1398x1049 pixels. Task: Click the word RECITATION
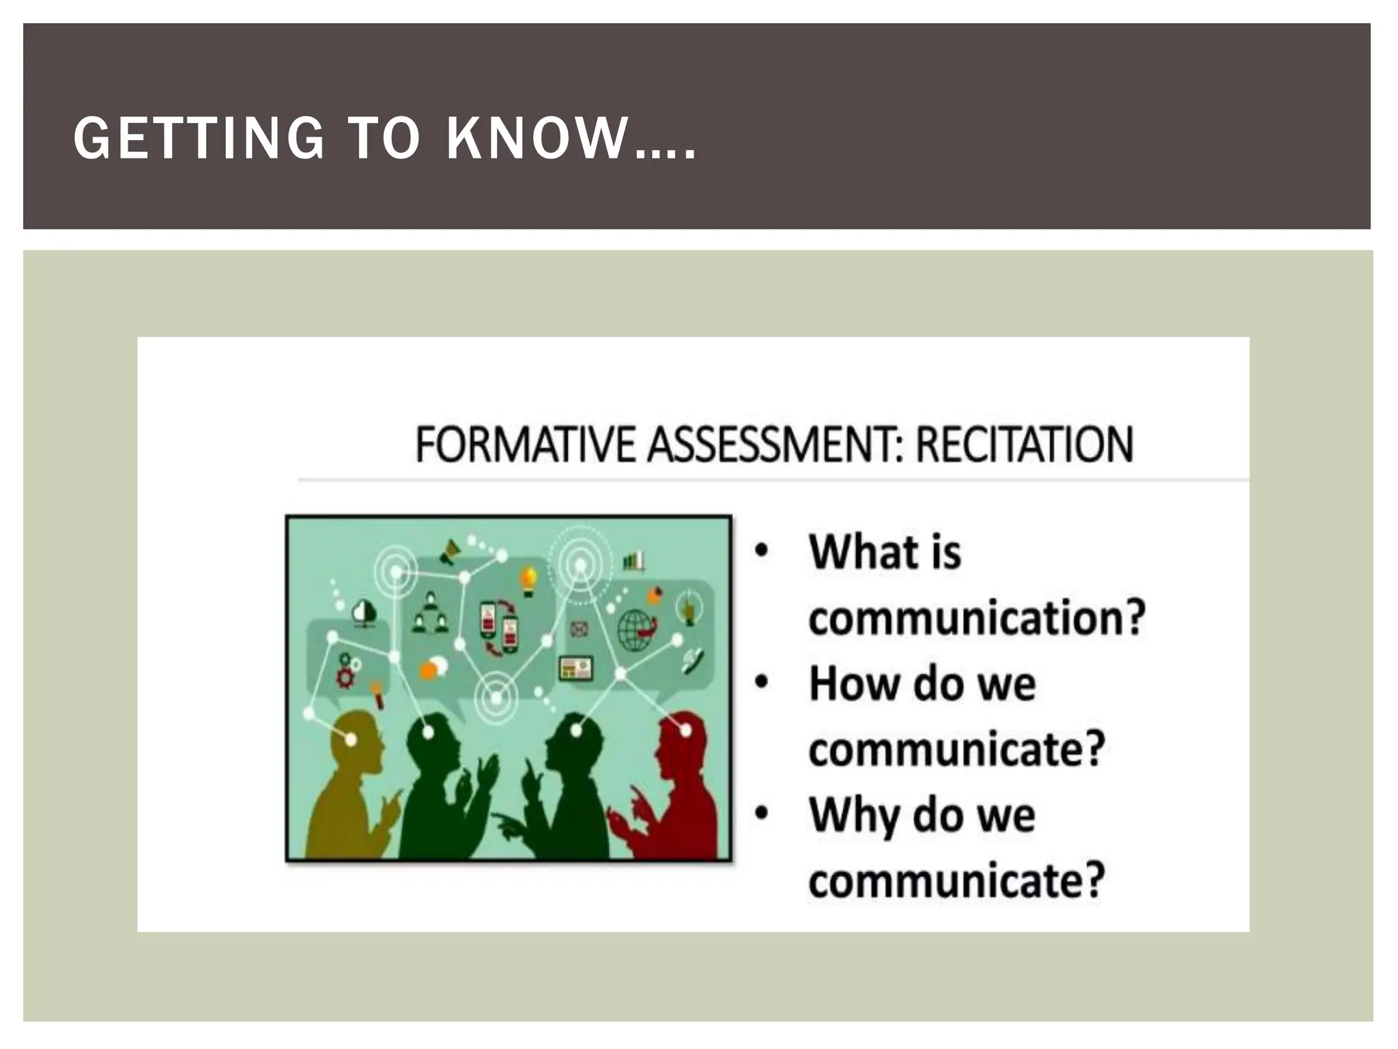(x=1024, y=445)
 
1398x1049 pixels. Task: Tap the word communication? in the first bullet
(x=976, y=618)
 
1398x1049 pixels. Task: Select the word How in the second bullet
(x=853, y=684)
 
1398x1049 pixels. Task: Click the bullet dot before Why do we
(x=762, y=813)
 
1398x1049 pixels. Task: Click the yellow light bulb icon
(x=528, y=579)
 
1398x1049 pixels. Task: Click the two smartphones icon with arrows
(x=498, y=627)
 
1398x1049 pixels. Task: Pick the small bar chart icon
(x=633, y=561)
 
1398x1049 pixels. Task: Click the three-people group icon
(x=430, y=613)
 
